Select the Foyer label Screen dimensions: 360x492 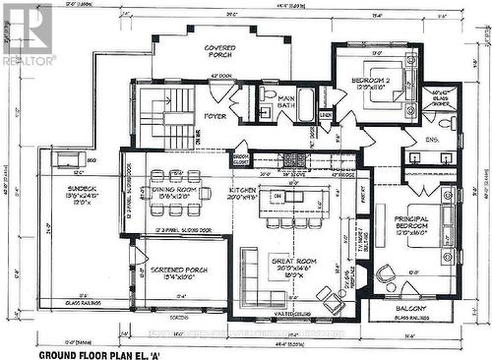point(215,116)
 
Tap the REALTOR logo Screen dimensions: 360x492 point(28,33)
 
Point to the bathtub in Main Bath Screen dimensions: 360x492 point(306,103)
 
